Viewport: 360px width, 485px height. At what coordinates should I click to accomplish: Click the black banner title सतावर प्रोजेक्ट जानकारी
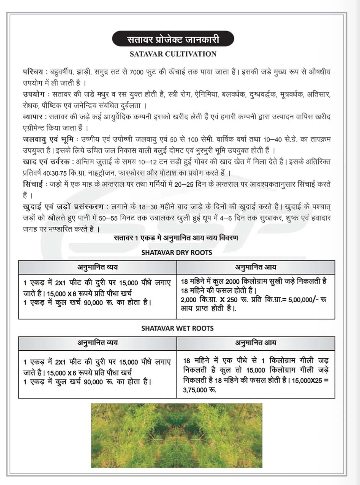pos(173,39)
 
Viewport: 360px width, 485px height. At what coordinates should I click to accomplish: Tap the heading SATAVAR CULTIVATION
pos(173,54)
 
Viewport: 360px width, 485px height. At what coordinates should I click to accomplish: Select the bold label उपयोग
pos(34,94)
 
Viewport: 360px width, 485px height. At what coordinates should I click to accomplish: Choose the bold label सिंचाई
pos(34,184)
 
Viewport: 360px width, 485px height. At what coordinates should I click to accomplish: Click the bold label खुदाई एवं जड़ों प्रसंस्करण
pos(63,207)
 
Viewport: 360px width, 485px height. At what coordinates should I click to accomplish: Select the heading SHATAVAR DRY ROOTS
pos(177,252)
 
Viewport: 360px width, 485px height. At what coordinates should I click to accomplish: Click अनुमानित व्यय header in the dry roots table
pos(98,267)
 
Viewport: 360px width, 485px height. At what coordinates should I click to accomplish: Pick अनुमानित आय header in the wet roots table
pos(256,343)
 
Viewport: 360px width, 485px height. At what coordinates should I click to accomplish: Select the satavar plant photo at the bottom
pos(176,435)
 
